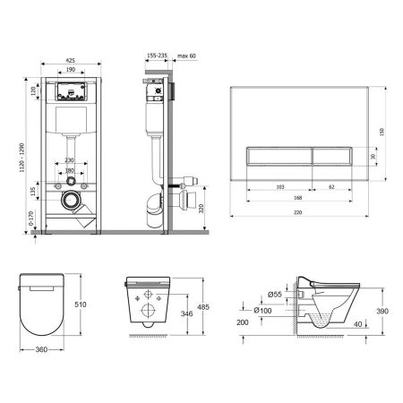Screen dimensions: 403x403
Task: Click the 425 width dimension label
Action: [x=68, y=62]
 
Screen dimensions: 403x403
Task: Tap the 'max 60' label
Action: [x=186, y=56]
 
